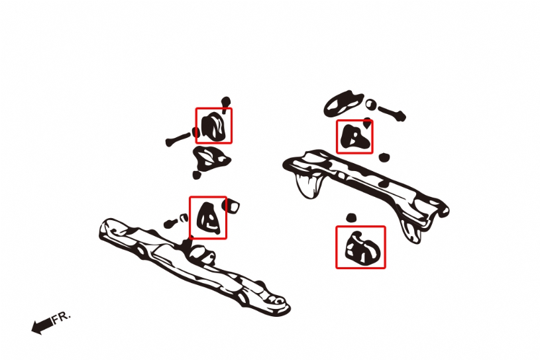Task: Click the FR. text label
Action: tap(62, 317)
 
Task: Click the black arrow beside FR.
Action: tap(42, 326)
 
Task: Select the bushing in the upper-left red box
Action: tap(213, 127)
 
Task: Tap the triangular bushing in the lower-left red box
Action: tap(208, 218)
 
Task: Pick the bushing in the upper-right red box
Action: tap(354, 137)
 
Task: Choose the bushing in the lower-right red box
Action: tap(362, 248)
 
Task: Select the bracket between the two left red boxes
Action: tap(211, 158)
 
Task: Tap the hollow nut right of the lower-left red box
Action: tap(231, 206)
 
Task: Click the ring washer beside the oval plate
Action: tap(370, 104)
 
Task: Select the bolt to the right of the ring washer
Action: tap(392, 113)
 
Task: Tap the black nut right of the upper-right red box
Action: tap(384, 157)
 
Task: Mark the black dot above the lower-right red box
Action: tap(351, 217)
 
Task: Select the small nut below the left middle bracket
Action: tap(197, 175)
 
